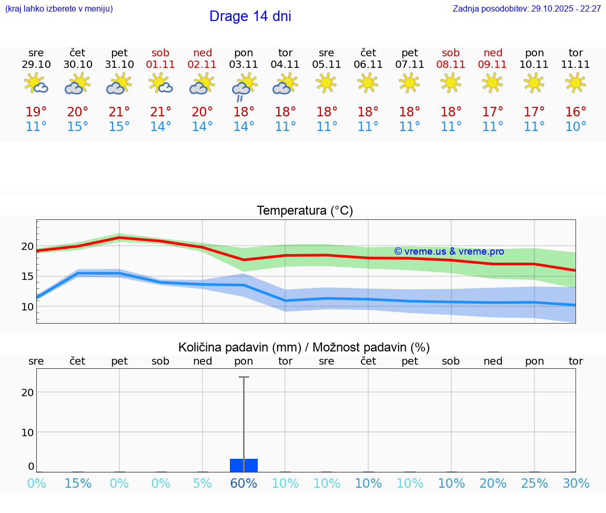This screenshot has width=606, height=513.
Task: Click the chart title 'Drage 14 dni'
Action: point(250,16)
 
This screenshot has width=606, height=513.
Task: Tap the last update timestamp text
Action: point(527,9)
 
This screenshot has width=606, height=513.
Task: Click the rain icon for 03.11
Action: point(244,87)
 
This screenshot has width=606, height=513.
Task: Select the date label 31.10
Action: point(119,65)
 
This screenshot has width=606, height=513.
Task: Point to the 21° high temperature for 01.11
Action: point(160,112)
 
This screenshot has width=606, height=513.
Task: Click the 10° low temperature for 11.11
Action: point(575,127)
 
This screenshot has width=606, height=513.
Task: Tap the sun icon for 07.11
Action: point(409,83)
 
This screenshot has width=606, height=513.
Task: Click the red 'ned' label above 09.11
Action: point(492,53)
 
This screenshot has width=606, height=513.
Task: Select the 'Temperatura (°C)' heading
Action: point(305,211)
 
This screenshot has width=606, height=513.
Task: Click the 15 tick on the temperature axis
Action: point(27,277)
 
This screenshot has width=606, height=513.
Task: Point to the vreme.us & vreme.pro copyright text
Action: point(449,252)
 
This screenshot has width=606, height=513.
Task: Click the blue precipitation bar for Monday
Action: point(244,465)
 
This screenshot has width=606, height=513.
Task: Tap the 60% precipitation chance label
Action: point(244,484)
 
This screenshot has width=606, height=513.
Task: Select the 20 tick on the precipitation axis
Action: point(27,393)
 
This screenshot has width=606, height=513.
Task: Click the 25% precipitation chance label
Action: point(534,484)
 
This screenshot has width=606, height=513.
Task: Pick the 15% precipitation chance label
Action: point(78,484)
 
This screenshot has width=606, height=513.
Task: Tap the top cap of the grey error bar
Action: point(244,377)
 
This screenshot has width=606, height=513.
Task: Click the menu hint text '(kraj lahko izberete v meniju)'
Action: point(59,9)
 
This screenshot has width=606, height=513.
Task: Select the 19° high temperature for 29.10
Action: point(36,112)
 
